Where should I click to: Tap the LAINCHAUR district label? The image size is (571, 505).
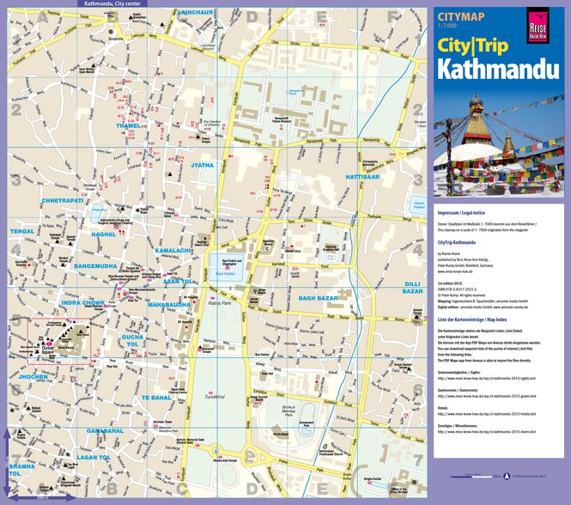pos(197,14)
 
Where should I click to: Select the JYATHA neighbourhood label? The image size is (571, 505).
pos(203,164)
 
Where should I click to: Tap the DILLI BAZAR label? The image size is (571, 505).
pos(413,287)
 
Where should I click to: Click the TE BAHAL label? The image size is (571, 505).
pos(157,398)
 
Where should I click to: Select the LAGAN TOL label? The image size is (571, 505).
pos(94,457)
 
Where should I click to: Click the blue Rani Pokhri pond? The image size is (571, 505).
pos(225,263)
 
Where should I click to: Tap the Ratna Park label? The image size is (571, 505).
pos(221,302)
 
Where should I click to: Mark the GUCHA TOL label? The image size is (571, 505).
pos(134,341)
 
